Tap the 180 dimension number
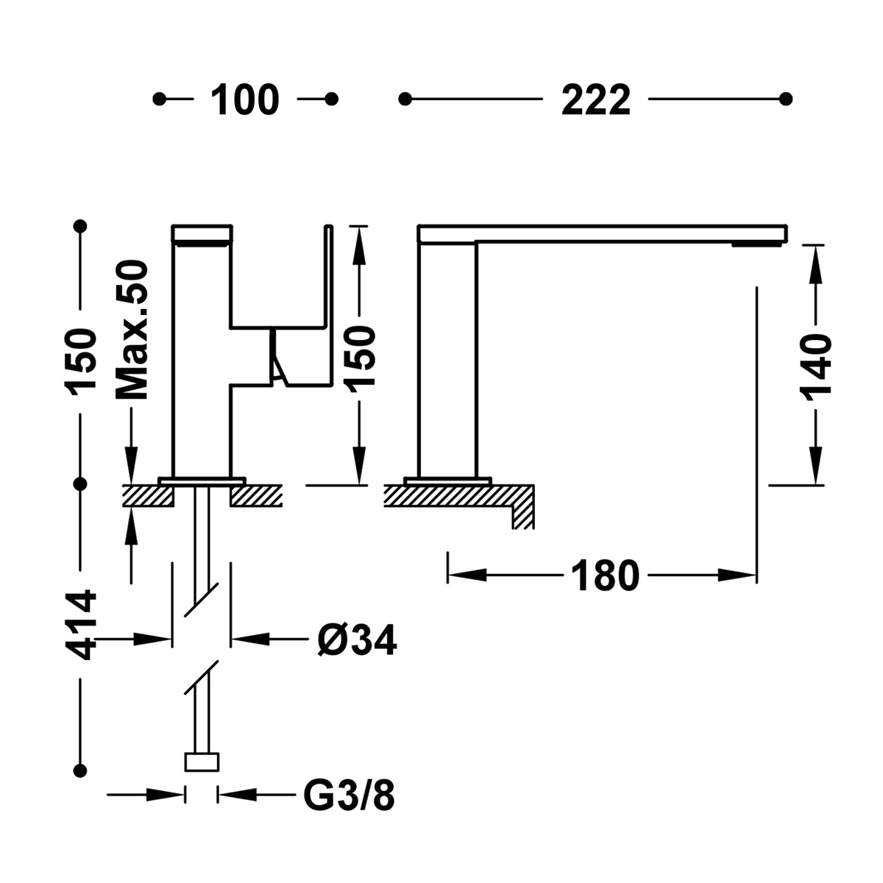pyautogui.click(x=605, y=576)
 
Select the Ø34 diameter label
pyautogui.click(x=357, y=640)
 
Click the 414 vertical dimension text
pyautogui.click(x=79, y=624)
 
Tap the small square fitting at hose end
pyautogui.click(x=202, y=761)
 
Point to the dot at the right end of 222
pyautogui.click(x=786, y=99)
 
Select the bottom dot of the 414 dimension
pyautogui.click(x=80, y=770)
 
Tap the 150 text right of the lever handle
pyautogui.click(x=360, y=355)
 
